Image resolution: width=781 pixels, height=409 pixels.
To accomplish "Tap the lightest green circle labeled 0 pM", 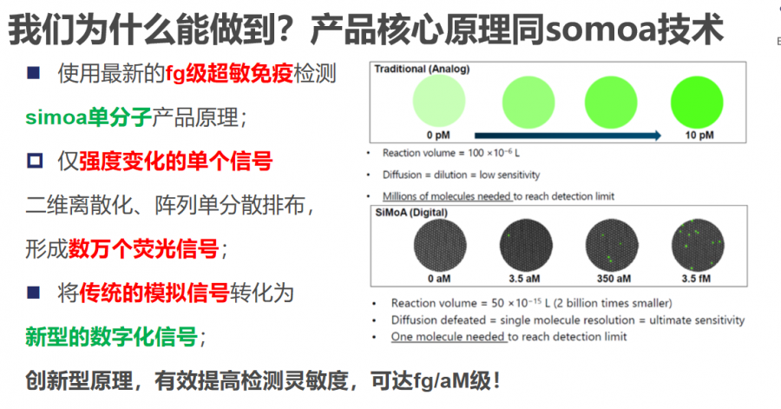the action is point(439,101).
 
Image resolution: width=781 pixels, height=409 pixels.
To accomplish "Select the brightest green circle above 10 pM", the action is point(697,102).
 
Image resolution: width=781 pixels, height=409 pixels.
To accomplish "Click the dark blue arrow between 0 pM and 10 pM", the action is point(568,135).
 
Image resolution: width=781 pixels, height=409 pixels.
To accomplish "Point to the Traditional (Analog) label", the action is point(422,69).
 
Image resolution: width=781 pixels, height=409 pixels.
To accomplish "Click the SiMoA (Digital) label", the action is point(411,212).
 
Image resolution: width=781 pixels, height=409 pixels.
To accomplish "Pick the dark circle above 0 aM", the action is point(440,246).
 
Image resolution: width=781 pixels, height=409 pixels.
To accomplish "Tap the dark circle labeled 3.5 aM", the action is point(526,246).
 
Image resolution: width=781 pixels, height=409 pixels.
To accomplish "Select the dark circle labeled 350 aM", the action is point(612,246).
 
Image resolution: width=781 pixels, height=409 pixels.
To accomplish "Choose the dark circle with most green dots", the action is point(698,246).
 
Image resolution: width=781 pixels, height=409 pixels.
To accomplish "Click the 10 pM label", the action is point(699,135).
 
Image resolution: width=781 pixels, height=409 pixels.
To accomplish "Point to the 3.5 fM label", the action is point(696,279).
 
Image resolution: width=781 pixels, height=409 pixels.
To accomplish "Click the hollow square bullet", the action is point(35,161).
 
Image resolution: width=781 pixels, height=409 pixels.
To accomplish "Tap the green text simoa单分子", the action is point(89,117).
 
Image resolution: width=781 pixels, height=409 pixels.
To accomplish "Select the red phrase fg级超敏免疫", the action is point(229,74).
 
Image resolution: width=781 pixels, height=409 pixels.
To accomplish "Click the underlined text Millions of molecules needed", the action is point(447,196).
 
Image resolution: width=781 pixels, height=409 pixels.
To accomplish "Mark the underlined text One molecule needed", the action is point(449,337).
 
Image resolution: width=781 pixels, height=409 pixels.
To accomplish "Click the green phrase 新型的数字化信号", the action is point(112,337).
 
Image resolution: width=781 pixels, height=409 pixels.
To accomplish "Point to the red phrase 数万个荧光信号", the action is point(143,248).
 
